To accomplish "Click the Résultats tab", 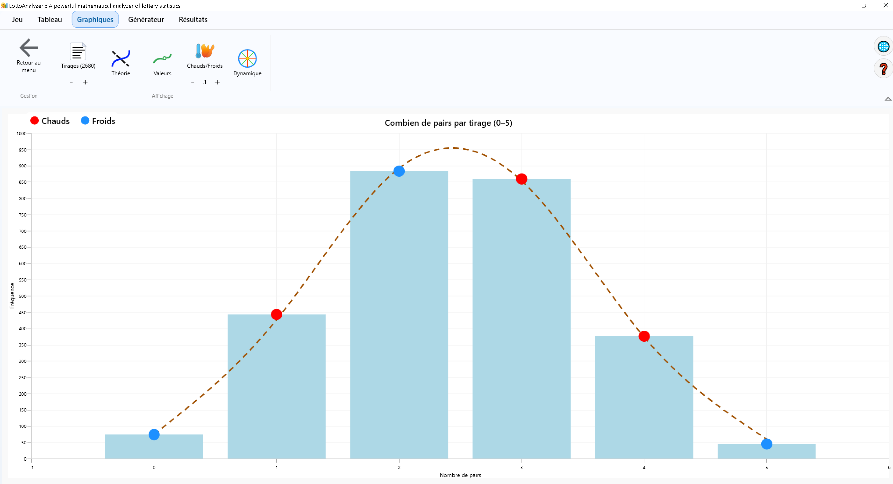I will (193, 19).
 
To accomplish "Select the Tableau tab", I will (50, 19).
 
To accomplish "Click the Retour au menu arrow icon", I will (29, 47).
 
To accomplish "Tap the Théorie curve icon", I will (120, 58).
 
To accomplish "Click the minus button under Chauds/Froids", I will (192, 82).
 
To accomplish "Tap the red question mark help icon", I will (883, 69).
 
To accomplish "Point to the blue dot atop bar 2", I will (399, 171).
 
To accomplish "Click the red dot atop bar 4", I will (644, 336).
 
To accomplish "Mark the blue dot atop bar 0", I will (154, 434).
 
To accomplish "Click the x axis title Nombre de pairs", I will (460, 475).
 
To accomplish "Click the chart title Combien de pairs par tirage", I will (448, 123).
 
